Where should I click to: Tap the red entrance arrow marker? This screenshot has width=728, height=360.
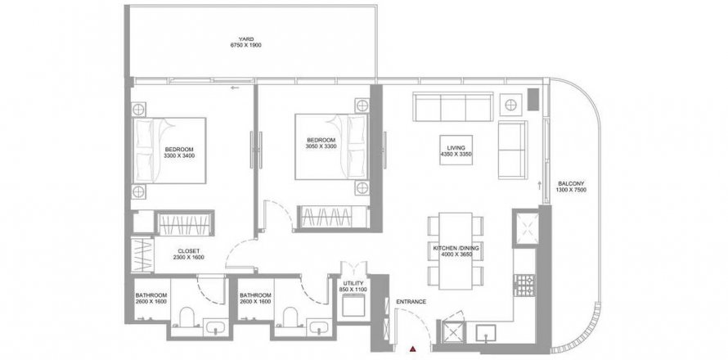coord(412,349)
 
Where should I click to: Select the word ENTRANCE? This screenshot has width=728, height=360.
coord(411,302)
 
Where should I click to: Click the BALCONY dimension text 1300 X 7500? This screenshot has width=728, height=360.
coord(571,190)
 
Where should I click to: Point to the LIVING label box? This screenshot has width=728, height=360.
coord(456,150)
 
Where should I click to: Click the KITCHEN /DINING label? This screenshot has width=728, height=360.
coord(456,249)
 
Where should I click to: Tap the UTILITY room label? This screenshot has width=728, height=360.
coord(353,283)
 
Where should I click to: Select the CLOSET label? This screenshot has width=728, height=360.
coord(188,251)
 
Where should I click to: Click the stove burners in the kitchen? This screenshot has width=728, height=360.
coord(524,285)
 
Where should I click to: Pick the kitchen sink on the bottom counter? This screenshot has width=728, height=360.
coord(486,333)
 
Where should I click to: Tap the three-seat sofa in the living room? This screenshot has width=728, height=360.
coord(453,106)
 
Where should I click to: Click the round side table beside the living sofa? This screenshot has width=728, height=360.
coord(510,105)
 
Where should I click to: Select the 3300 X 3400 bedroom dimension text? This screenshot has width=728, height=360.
coord(179,156)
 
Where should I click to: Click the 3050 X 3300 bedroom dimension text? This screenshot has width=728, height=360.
coord(321,146)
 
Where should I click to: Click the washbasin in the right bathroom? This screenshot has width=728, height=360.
coord(320,327)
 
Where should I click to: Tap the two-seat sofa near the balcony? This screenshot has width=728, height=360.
coord(513,150)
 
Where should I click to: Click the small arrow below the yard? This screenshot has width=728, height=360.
coord(235,88)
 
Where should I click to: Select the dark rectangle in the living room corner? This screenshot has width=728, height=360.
coord(533,99)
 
